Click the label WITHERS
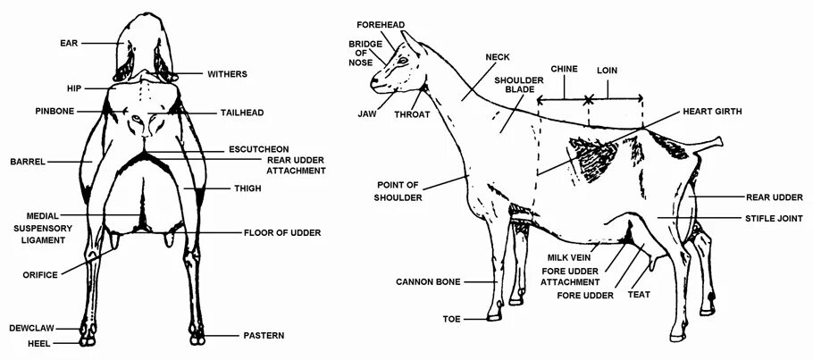coord(228,73)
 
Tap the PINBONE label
coord(55,112)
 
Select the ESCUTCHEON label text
coord(260,148)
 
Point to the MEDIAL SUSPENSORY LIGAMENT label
coord(42,228)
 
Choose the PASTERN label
coord(264,336)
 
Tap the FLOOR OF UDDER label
coord(282,233)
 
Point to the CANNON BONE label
coord(429,282)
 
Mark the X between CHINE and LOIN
coord(588,99)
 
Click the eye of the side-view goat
coord(401,61)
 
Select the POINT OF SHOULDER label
coord(399,190)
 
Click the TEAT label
coord(638,294)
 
